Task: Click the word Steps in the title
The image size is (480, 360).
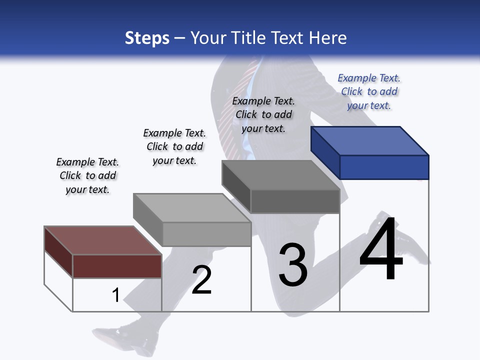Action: tap(147, 38)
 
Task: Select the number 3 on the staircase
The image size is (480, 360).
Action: tap(293, 265)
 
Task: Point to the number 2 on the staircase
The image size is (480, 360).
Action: tap(202, 280)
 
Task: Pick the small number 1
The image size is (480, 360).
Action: tap(115, 295)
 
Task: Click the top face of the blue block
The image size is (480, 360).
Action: tap(370, 141)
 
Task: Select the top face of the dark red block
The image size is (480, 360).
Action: tap(103, 240)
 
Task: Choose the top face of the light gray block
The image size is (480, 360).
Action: tap(192, 208)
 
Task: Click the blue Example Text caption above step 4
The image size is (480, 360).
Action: tap(369, 91)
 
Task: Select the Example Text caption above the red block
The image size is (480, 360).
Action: tap(87, 175)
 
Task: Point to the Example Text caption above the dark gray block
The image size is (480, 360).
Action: tap(263, 114)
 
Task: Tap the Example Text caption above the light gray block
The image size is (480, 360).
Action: tap(174, 146)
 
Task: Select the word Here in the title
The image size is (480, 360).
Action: tap(328, 38)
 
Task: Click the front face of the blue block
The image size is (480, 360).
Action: tap(384, 167)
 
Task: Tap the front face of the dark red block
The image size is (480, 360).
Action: tap(117, 266)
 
